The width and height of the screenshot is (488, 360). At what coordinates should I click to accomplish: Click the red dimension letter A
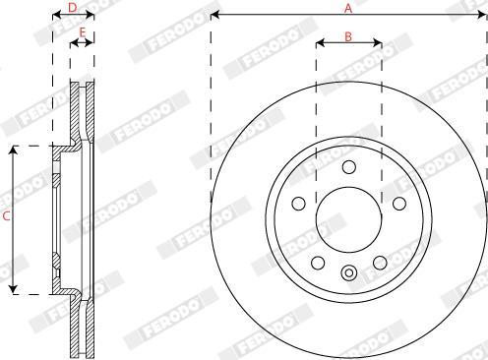coord(348,8)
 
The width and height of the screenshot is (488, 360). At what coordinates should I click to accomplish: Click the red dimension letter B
coord(348,36)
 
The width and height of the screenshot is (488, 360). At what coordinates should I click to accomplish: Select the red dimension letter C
coord(7,216)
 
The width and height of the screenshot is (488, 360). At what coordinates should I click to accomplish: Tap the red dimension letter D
coord(73,7)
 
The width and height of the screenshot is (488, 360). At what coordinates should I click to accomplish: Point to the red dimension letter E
coord(83,32)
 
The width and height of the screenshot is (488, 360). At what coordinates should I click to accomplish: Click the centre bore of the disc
coord(349,219)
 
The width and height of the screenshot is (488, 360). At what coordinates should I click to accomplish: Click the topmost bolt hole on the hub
coord(349,167)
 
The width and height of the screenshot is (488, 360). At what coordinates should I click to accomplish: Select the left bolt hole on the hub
coord(298,204)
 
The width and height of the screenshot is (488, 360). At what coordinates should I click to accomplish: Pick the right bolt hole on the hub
coord(399,204)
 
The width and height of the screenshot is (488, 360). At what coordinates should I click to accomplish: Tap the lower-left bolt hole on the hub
coord(318,263)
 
